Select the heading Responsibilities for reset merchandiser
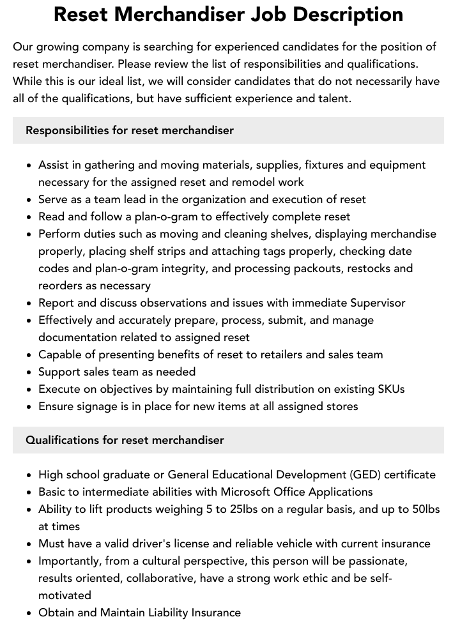(x=130, y=130)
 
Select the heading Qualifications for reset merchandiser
(x=125, y=440)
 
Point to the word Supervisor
(x=378, y=303)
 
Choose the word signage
(x=95, y=406)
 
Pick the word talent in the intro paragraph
(x=334, y=98)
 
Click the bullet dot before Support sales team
(x=29, y=372)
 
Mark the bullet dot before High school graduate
(x=29, y=475)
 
